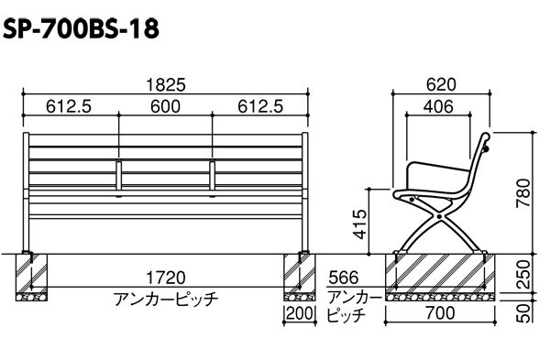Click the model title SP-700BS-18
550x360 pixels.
(x=81, y=28)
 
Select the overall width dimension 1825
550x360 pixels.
(x=166, y=85)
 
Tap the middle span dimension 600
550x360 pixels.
(x=166, y=106)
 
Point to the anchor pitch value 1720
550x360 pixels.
(x=165, y=278)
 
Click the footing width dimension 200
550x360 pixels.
(x=299, y=313)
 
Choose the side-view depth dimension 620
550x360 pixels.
(x=441, y=85)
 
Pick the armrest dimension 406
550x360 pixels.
(x=438, y=106)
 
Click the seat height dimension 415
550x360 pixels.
(x=360, y=224)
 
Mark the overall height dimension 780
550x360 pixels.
(x=523, y=193)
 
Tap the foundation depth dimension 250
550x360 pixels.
(x=523, y=275)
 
